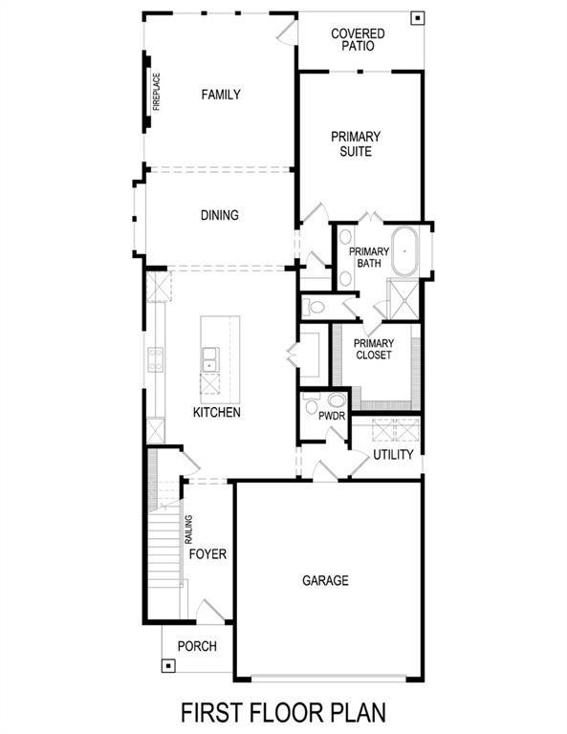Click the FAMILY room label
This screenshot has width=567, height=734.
(220, 95)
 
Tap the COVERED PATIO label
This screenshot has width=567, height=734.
(359, 39)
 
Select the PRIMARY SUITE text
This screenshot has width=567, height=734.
(356, 143)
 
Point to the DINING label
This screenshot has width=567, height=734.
(219, 215)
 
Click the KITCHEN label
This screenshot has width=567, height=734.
(216, 413)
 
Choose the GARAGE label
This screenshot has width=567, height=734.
(325, 580)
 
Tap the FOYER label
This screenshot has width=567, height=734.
(207, 554)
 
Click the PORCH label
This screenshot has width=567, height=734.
(197, 646)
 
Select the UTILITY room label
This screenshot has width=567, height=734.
(393, 455)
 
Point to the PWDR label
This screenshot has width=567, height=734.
(331, 417)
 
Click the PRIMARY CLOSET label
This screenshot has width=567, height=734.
(374, 351)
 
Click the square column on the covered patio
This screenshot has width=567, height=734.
(416, 18)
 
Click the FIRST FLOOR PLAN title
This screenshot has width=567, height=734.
(284, 712)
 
